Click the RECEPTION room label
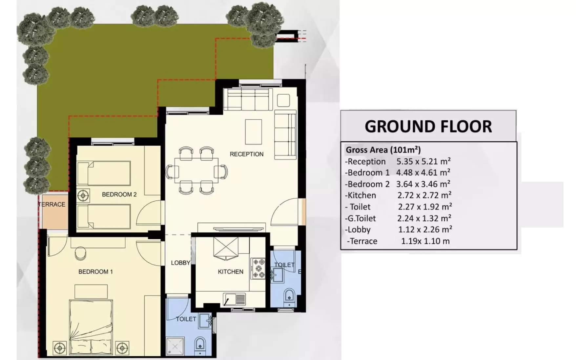pos(246,154)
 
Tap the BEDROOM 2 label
pos(119,194)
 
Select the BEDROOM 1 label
pos(95,271)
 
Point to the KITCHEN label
pos(231,271)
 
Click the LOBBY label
pos(180,263)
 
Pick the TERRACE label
pos(52,204)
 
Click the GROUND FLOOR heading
pos(428,127)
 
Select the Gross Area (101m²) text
pos(383,150)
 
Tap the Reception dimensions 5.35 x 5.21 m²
pos(423,161)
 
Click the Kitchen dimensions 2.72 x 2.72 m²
pos(424,195)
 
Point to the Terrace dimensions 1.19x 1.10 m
pos(425,241)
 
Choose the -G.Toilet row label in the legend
pos(360,218)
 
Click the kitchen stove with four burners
pos(258,269)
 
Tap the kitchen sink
pos(234,299)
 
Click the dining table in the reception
pos(196,170)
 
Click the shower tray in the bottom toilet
pos(175,347)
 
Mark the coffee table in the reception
pos(254,132)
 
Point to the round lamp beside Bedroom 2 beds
pos(83,196)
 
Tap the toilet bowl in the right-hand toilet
pos(289,295)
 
